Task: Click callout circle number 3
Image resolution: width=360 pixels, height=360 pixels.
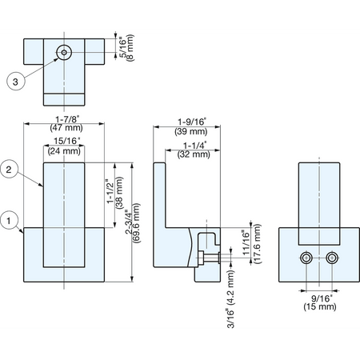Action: click(16, 81)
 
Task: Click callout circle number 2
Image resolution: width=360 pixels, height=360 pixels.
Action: click(9, 170)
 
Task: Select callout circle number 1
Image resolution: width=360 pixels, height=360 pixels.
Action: click(9, 221)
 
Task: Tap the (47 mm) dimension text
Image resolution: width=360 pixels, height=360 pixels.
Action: click(66, 128)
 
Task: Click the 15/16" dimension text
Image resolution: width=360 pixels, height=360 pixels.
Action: click(67, 141)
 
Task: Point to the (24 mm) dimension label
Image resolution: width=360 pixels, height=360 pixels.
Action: click(64, 151)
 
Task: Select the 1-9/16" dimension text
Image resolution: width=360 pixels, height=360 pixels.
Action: click(191, 122)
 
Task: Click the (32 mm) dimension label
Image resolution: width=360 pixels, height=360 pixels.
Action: click(194, 154)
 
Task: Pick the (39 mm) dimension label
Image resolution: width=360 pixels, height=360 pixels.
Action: click(191, 131)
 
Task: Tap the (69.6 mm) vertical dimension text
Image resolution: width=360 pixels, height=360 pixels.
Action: click(137, 223)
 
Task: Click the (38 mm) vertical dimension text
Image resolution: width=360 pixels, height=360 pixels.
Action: click(119, 193)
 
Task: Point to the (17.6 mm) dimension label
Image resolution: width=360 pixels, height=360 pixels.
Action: click(258, 244)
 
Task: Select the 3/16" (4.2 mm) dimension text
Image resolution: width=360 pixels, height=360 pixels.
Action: click(230, 299)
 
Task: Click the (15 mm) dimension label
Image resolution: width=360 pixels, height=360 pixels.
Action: click(320, 306)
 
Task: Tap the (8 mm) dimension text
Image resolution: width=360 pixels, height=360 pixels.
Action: click(130, 47)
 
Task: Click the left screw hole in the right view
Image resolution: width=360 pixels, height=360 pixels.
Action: click(306, 258)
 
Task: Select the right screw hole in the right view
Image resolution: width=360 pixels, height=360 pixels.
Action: click(332, 258)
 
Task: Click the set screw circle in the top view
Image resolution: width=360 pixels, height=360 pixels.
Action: click(64, 52)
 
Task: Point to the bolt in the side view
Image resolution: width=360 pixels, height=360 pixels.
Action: click(208, 258)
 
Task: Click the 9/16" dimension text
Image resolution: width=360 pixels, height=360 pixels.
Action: click(322, 298)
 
